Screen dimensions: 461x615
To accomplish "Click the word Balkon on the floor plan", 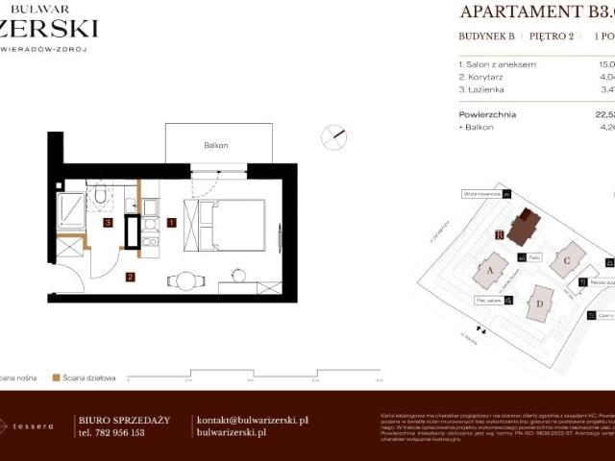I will (x=215, y=145).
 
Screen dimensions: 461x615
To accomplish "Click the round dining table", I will (x=185, y=281).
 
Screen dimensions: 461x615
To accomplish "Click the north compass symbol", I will (x=334, y=136).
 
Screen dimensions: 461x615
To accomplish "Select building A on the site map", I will (x=491, y=271).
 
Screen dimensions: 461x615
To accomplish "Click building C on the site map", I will (x=568, y=258).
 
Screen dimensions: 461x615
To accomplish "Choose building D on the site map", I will (x=540, y=304).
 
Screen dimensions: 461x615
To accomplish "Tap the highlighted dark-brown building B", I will (x=524, y=227).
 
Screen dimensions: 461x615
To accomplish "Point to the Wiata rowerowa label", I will (x=478, y=193).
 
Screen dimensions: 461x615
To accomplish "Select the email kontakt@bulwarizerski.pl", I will (x=252, y=420).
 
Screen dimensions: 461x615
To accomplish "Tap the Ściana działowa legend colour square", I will (x=56, y=377).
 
